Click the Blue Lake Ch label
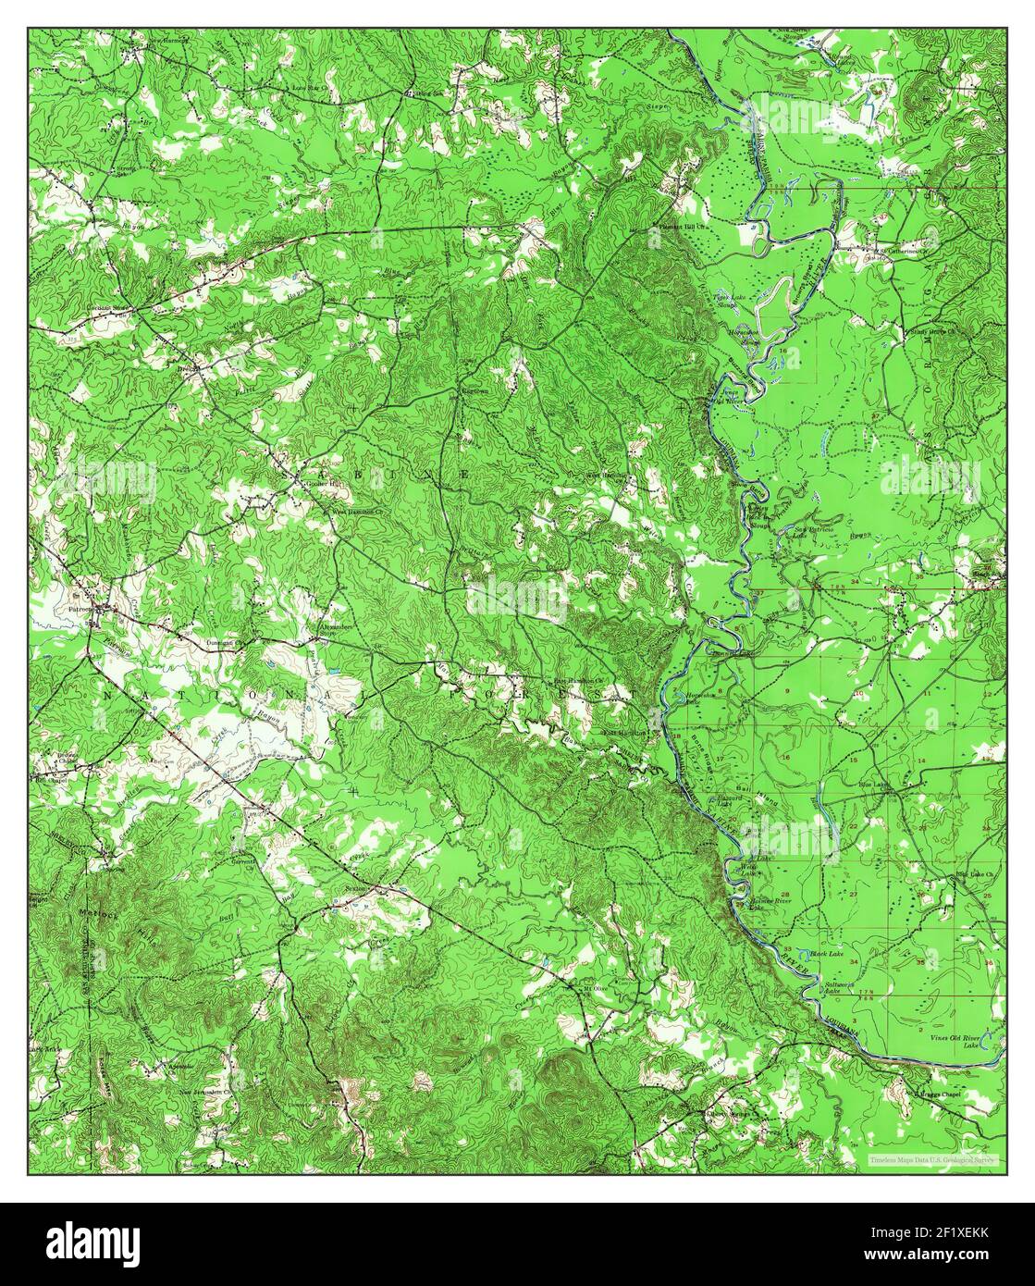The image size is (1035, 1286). (973, 874)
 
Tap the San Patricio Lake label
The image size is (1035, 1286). (809, 532)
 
